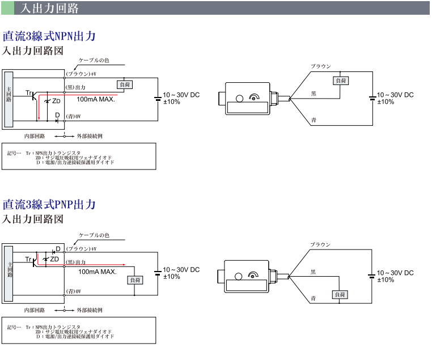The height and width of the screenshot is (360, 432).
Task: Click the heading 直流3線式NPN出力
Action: (x=49, y=36)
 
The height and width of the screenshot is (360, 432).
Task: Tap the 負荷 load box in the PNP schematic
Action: (x=135, y=279)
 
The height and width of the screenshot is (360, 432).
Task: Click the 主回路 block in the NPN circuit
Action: (x=8, y=100)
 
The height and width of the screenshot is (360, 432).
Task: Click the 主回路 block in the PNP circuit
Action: (x=8, y=273)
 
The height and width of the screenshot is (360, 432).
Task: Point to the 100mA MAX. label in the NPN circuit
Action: (x=96, y=99)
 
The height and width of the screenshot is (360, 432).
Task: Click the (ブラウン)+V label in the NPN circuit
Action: (x=81, y=74)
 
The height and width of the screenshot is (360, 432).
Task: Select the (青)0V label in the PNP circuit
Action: (x=74, y=291)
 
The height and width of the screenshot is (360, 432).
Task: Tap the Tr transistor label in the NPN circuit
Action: (x=28, y=92)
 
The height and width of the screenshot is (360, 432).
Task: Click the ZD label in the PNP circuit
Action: (x=54, y=259)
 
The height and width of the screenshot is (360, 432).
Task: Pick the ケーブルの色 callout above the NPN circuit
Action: (x=94, y=61)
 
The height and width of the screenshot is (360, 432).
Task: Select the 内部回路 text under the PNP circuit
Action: (x=35, y=311)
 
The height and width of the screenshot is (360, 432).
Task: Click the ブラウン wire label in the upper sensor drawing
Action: (x=320, y=66)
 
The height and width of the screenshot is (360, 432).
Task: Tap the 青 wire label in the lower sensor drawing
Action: (x=313, y=298)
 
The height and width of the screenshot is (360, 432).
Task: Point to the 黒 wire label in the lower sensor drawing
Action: (x=313, y=273)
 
